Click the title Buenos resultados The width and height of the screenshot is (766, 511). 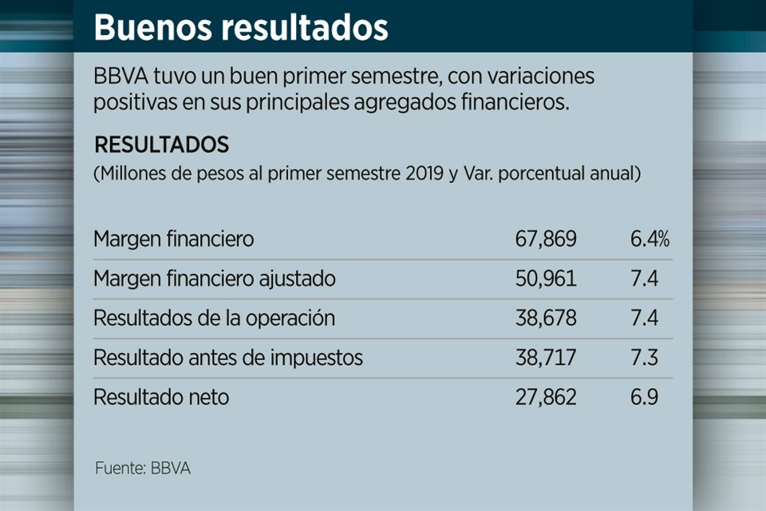point(241,27)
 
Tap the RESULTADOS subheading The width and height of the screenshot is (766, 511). point(161,145)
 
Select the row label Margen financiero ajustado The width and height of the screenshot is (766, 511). point(214,279)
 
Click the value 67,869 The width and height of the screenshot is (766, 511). point(546,240)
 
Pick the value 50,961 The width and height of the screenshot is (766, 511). point(546,279)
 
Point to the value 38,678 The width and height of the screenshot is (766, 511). point(546,318)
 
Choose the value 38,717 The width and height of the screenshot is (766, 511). point(546,357)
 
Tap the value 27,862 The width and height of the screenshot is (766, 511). point(546,397)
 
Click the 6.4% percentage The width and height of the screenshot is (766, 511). point(650,240)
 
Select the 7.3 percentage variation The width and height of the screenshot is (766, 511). point(644,357)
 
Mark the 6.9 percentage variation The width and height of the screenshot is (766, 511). point(644,397)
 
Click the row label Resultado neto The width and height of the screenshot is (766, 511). point(161,397)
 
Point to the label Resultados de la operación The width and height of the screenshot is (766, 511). point(214,318)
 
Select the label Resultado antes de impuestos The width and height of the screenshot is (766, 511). point(228,358)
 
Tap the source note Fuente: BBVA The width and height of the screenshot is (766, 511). point(143,468)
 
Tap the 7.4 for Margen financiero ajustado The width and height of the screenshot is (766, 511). point(644,279)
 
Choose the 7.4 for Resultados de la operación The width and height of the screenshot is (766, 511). point(644,318)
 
